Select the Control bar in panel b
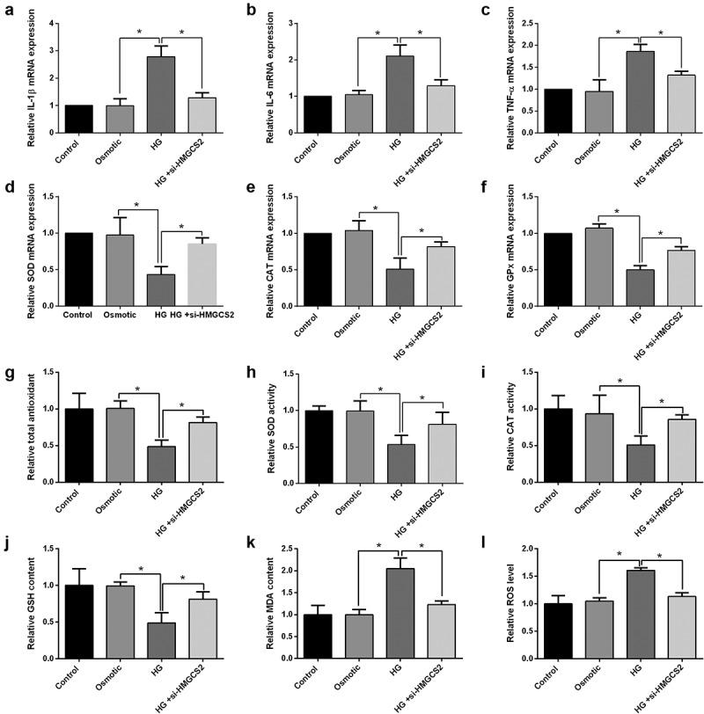pyautogui.click(x=317, y=114)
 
